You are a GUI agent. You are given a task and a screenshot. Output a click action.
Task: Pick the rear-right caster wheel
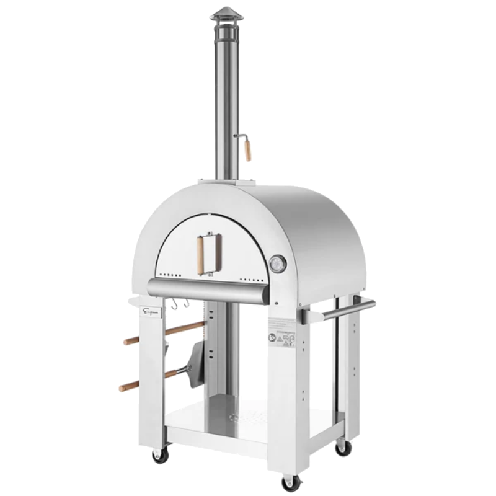pyautogui.click(x=343, y=447)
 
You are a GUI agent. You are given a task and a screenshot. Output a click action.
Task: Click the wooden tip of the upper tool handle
pyautogui.click(x=131, y=340)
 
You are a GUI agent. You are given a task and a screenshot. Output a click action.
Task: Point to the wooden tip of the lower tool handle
pyautogui.click(x=128, y=386)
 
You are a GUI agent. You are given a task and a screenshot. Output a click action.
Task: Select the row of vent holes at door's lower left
pyautogui.click(x=170, y=273)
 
